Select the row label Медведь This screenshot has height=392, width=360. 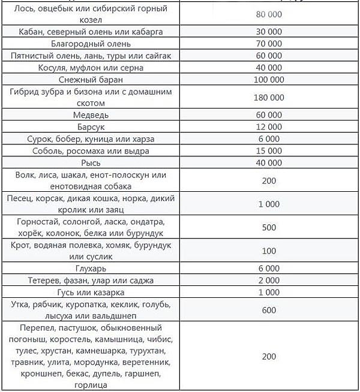click(91, 114)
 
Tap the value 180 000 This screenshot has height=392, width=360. click(269, 97)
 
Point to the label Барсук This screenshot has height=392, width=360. click(91, 126)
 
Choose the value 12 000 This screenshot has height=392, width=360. click(269, 126)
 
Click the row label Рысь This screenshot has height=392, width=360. click(91, 162)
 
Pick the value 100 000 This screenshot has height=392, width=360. click(269, 79)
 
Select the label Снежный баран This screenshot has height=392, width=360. click(91, 79)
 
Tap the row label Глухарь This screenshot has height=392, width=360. click(91, 269)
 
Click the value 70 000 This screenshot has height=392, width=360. click(269, 43)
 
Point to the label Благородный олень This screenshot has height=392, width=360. click(91, 43)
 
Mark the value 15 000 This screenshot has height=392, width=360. click(269, 150)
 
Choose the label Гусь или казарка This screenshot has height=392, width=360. click(91, 293)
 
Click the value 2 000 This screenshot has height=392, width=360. click(269, 281)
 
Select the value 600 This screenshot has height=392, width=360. click(269, 310)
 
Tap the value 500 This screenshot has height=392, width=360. click(269, 227)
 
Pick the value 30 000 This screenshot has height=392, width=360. click(269, 31)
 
